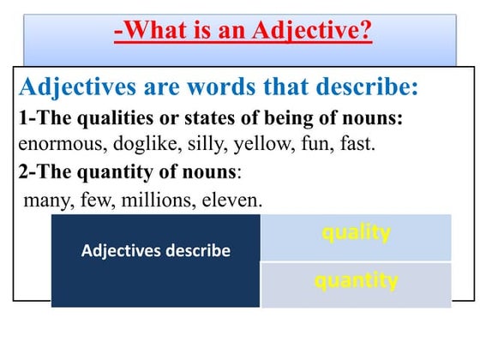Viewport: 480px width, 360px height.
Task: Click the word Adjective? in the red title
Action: point(314,32)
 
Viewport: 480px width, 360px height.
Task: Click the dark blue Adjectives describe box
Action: point(155,251)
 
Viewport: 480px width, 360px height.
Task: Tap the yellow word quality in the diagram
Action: point(356,231)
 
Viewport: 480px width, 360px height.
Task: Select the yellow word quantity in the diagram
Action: point(356,280)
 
